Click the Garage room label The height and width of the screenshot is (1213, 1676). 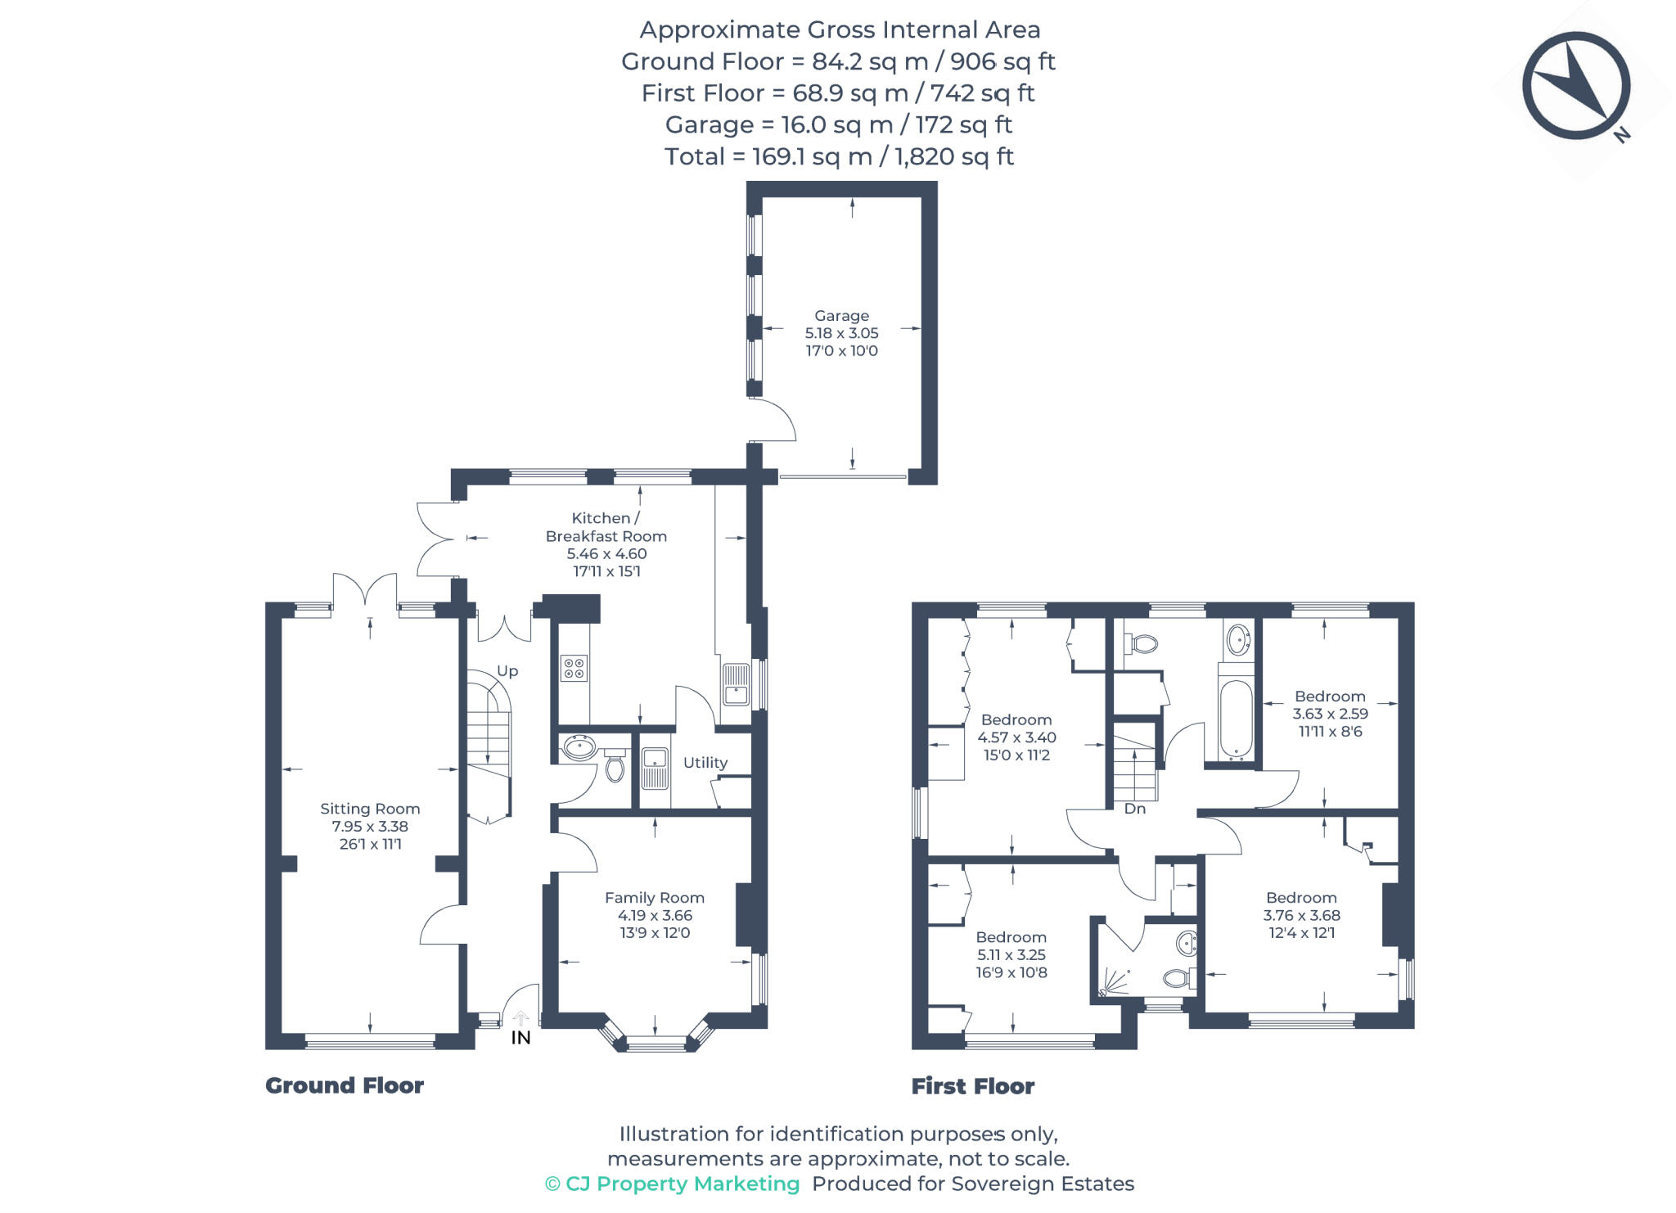[841, 316]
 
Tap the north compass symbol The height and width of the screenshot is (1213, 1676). [1575, 87]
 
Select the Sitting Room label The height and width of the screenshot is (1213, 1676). [370, 809]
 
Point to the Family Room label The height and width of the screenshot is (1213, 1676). [654, 898]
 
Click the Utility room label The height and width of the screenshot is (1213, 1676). [705, 763]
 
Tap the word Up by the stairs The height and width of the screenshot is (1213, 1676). [507, 671]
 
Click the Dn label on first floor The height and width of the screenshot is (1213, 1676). [1134, 809]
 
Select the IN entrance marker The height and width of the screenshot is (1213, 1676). [520, 1038]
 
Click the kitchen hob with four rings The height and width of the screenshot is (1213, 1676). [573, 668]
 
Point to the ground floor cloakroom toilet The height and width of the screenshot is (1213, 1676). [615, 767]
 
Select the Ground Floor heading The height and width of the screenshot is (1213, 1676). [345, 1085]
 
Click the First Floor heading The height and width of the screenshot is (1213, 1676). [973, 1086]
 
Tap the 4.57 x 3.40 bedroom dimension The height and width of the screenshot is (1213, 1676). [1016, 737]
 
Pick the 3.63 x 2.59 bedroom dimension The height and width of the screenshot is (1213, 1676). [1330, 714]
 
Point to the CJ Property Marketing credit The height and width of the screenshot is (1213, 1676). [672, 1184]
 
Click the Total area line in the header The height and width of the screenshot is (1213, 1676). [839, 156]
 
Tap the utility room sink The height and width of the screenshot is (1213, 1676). [654, 769]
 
